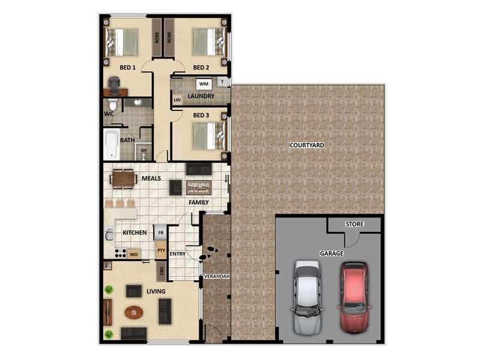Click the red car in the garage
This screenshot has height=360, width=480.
pos(354,298)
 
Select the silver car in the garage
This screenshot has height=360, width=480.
pos(307,298)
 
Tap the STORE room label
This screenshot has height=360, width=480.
pos(355,224)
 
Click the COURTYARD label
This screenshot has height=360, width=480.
pos(307,145)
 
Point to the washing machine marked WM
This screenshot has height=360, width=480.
pos(204,83)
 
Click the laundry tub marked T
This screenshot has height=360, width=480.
pos(223,82)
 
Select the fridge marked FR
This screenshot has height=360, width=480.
pos(160,233)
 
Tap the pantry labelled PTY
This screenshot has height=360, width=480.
pos(161,250)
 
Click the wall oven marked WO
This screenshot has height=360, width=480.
pos(133,254)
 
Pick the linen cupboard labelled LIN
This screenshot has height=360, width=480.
pos(177,100)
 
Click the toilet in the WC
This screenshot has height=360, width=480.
pos(113,104)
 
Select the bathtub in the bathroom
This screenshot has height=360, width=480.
pos(112,145)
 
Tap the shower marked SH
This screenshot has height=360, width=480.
pos(143,151)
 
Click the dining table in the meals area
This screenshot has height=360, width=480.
pos(124,178)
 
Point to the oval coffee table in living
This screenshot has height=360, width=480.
pos(134,313)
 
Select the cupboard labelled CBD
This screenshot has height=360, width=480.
pos(161,271)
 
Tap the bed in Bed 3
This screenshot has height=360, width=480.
pos(210,136)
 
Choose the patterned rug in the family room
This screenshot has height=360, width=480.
pos(199,188)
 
